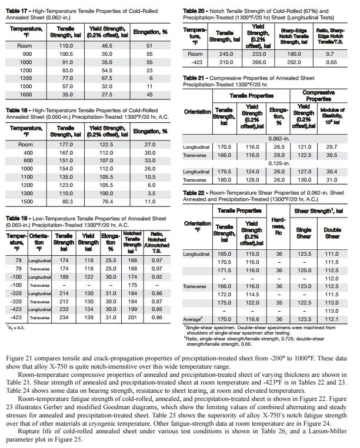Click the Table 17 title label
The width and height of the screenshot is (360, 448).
(18, 11)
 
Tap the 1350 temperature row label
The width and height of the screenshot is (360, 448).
(25, 77)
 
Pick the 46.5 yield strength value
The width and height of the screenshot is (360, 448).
(106, 45)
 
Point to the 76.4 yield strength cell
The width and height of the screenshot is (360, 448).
(106, 201)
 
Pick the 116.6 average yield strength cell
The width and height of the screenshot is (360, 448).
(254, 318)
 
